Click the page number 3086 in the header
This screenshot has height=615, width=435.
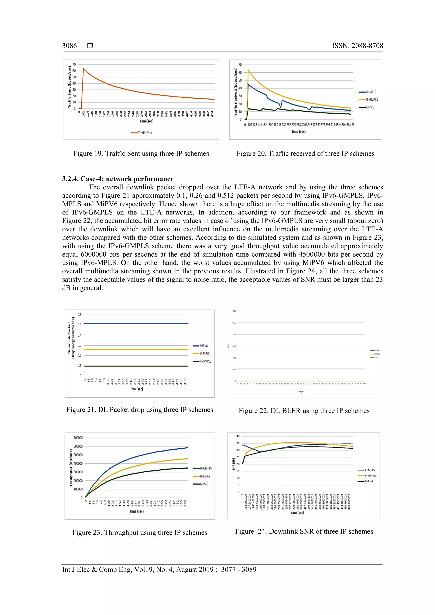tap(69, 46)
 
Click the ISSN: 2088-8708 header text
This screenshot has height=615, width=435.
tap(357, 46)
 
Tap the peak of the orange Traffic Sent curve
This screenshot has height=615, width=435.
tap(83, 69)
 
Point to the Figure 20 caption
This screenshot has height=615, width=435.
tap(305, 154)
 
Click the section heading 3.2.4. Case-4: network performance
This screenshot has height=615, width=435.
tap(118, 179)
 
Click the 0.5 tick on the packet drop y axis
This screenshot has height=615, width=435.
tap(79, 325)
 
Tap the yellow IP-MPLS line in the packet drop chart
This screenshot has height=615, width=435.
tap(136, 350)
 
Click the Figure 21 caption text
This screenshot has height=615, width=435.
tap(139, 410)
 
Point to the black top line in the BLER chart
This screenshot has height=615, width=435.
tap(301, 322)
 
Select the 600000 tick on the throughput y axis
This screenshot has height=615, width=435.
tap(78, 446)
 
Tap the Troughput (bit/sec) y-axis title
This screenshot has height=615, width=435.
tap(71, 468)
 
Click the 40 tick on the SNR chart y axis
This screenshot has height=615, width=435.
tap(238, 436)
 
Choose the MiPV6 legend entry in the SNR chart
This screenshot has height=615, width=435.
tap(369, 481)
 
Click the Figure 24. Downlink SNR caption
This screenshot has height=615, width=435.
tap(304, 531)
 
